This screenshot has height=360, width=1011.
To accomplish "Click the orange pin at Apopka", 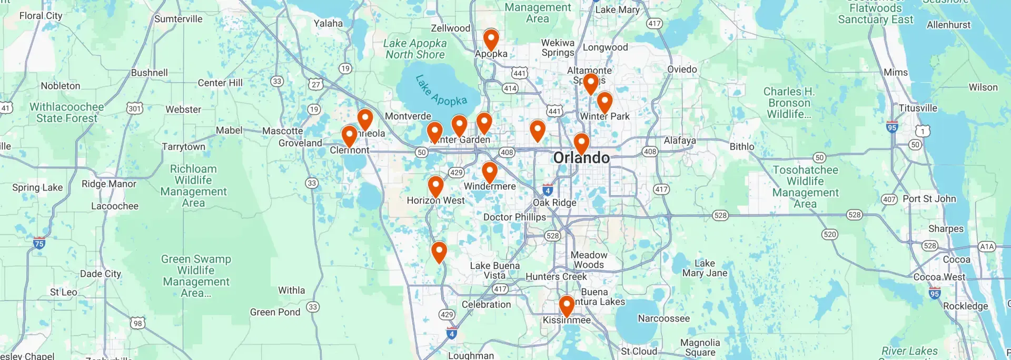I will [491, 39].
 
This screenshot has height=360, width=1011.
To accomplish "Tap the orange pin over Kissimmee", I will [566, 306].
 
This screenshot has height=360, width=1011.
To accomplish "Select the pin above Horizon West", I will [435, 186].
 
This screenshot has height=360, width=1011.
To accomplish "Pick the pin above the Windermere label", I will [490, 172].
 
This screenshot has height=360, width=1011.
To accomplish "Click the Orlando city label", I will [581, 157].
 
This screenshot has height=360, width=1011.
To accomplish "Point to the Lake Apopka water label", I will [441, 91].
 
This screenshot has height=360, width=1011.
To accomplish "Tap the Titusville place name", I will [918, 108].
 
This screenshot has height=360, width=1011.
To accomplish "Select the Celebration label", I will [486, 304].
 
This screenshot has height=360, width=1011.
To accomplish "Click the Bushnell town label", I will [150, 73].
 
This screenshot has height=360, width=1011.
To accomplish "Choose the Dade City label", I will [101, 274].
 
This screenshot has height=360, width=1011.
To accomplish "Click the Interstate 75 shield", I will [39, 243].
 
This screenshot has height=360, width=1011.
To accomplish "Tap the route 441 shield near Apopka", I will [519, 73].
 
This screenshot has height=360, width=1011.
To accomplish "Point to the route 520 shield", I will [829, 234].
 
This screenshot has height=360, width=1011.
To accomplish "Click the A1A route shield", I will [986, 246].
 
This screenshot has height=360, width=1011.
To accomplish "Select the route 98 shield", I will [137, 323].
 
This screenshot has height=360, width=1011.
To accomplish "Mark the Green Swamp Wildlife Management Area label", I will [196, 276].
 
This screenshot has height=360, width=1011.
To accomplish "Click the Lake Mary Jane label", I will [705, 268].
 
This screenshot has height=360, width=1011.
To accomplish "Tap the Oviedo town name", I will [682, 69].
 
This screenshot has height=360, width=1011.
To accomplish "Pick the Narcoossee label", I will [663, 318].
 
